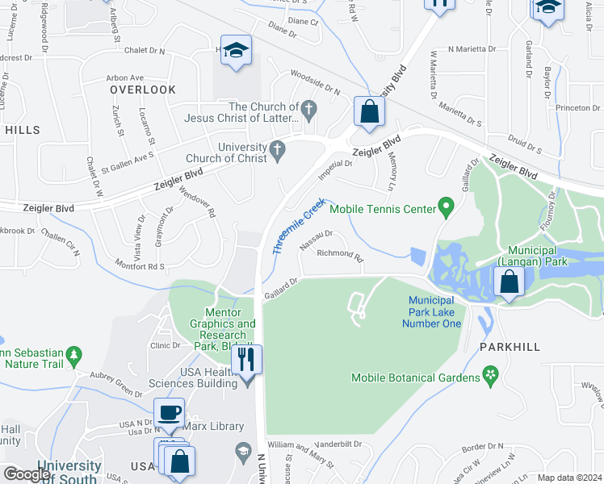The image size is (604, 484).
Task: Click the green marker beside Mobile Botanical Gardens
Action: click(489, 375)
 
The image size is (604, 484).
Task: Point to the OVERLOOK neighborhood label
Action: click(143, 90)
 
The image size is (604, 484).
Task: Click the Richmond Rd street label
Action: click(340, 254)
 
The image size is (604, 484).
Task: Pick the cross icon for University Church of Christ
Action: click(278, 148)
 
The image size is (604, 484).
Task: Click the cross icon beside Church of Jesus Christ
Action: click(308, 107)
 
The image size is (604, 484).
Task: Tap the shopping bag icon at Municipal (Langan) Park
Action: click(509, 282)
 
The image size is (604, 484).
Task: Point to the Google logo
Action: click(27, 474)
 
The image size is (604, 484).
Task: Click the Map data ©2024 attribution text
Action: click(569, 478)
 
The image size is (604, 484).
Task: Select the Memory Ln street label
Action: click(393, 164)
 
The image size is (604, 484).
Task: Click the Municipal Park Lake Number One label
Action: click(431, 312)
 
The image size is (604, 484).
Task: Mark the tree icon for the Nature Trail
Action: click(74, 354)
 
